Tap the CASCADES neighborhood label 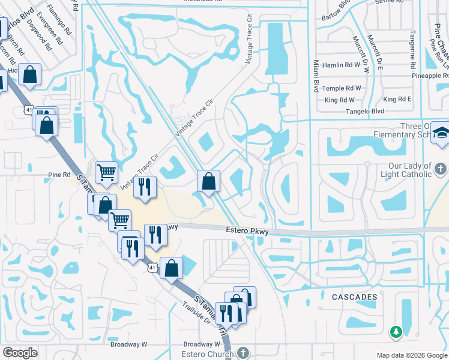pyautogui.click(x=354, y=297)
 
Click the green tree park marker pyautogui.click(x=396, y=331)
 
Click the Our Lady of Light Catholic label pyautogui.click(x=401, y=170)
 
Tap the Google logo pyautogui.click(x=20, y=353)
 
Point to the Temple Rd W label pyautogui.click(x=342, y=88)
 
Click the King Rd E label pyautogui.click(x=397, y=99)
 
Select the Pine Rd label pyautogui.click(x=59, y=175)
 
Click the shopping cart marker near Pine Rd pyautogui.click(x=106, y=173)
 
